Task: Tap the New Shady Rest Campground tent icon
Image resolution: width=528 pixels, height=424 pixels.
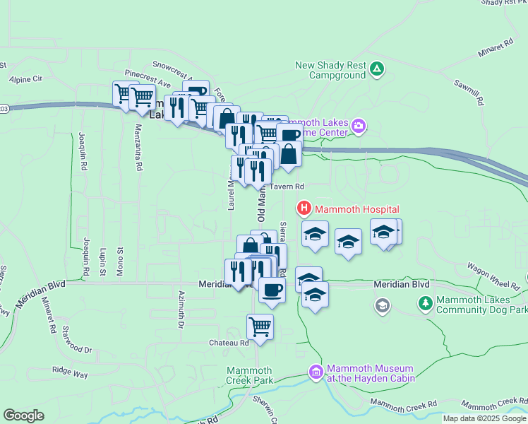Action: click(x=377, y=69)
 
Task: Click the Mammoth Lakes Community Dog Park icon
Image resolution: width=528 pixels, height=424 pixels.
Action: click(x=426, y=304)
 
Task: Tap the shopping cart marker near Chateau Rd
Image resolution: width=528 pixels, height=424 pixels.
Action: click(x=260, y=327)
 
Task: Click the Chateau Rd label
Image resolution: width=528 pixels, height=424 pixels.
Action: click(x=229, y=343)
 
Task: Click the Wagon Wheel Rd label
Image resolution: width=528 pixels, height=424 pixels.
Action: click(x=493, y=277)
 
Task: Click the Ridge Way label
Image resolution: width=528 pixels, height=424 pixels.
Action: click(x=69, y=370)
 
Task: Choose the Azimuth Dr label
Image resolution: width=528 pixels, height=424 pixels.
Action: click(x=181, y=310)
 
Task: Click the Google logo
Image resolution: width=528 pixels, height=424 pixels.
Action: click(x=24, y=415)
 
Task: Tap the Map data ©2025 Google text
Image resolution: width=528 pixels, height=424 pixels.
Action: click(x=484, y=418)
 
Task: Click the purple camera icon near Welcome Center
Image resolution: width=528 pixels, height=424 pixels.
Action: click(x=359, y=126)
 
